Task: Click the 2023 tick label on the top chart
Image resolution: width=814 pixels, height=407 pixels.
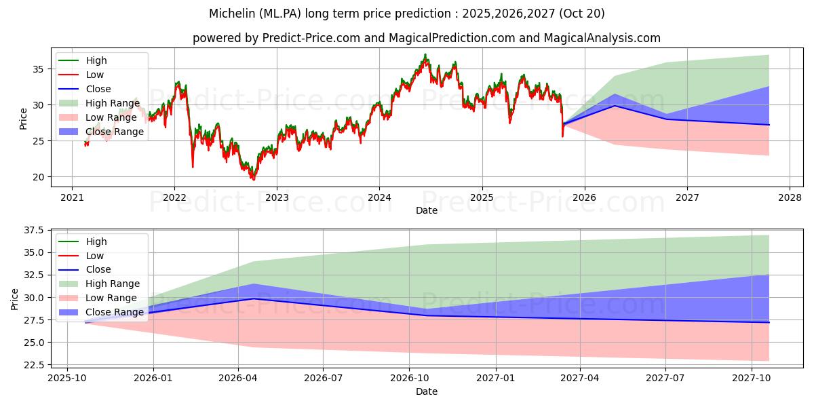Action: point(277,197)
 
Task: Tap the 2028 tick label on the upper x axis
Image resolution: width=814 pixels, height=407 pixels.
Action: point(790,197)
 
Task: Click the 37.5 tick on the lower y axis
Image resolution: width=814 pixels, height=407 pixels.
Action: point(33,231)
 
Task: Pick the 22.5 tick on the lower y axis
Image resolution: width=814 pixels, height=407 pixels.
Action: point(33,365)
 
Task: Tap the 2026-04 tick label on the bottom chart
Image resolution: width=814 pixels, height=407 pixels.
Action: point(238,378)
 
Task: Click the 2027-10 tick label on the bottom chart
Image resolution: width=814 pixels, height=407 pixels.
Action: point(752,378)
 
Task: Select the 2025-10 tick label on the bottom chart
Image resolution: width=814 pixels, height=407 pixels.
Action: point(66,378)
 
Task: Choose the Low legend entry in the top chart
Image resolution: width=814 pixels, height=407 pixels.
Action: point(96,75)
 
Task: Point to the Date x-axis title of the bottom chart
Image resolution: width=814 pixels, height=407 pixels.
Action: point(427,391)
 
